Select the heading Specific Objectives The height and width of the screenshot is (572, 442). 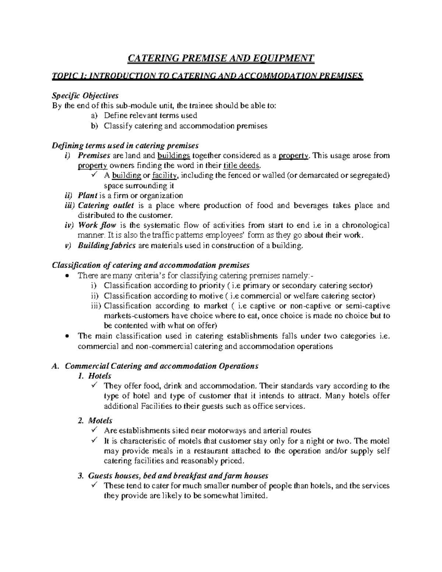click(x=85, y=95)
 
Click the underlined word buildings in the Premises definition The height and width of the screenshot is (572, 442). click(x=174, y=155)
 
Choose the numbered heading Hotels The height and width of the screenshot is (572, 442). click(x=100, y=376)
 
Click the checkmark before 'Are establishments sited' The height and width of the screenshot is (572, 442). click(x=94, y=430)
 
